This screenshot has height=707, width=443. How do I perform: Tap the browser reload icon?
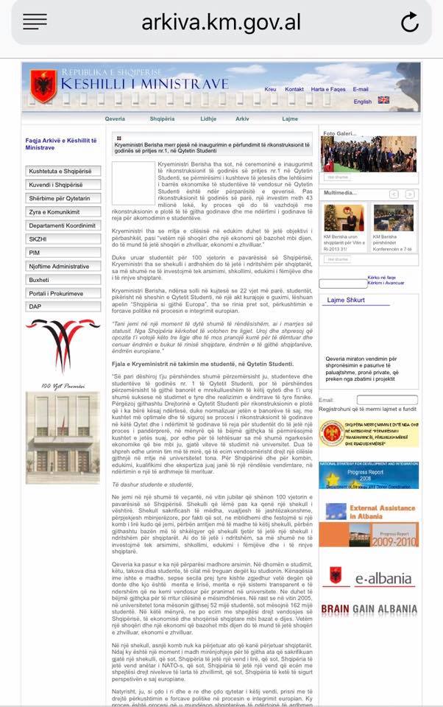point(409,23)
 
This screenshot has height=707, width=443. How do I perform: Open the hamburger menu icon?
point(35,22)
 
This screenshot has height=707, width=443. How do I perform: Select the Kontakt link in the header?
point(294,89)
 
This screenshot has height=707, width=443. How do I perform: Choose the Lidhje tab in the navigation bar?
point(208,118)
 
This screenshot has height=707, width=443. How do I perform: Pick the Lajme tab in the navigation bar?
point(289,118)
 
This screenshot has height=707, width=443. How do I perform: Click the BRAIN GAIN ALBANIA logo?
point(369,610)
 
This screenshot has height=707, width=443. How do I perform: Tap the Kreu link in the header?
point(270,89)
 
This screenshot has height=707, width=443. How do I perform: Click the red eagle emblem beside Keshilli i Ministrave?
point(43,86)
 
